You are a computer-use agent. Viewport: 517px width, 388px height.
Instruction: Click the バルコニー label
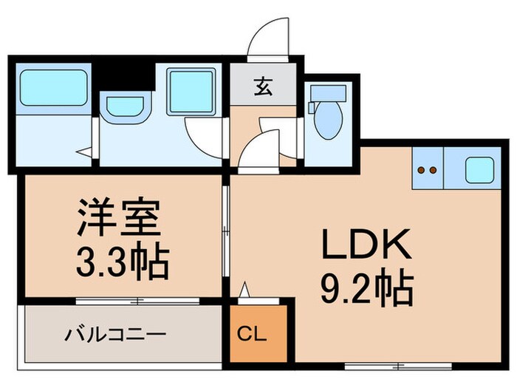click(x=115, y=334)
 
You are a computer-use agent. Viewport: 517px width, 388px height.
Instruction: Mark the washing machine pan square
click(x=191, y=92)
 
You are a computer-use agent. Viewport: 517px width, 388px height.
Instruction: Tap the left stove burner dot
click(x=421, y=170)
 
